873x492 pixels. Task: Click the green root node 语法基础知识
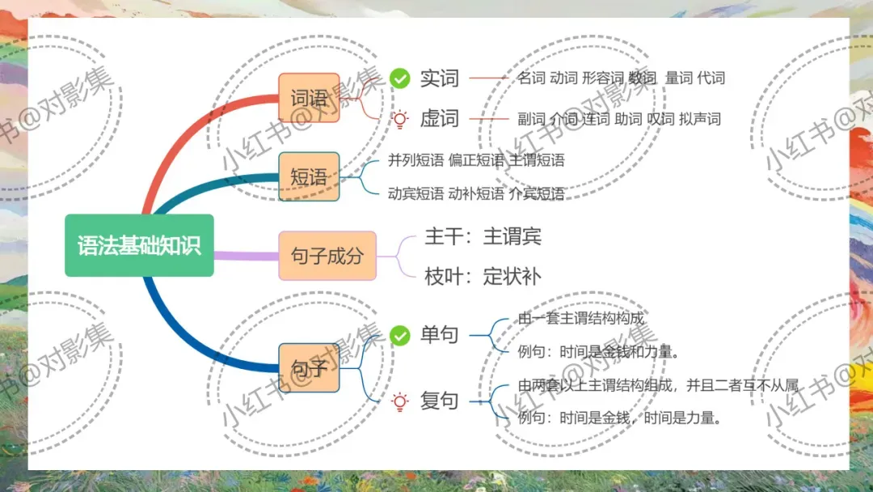click(x=139, y=245)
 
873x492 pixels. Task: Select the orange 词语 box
click(x=309, y=98)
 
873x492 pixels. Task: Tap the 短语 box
click(x=309, y=176)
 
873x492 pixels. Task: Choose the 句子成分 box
click(x=327, y=256)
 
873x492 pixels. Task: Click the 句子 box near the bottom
click(x=309, y=367)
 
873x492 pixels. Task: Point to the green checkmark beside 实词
click(x=399, y=78)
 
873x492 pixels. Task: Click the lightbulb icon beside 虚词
click(x=399, y=119)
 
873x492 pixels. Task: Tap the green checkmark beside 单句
click(x=399, y=335)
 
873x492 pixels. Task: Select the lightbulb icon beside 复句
click(x=399, y=401)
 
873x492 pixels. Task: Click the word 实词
click(x=439, y=78)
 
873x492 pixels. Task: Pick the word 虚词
click(x=439, y=119)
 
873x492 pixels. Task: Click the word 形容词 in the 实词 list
click(x=602, y=78)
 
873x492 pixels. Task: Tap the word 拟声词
click(x=699, y=119)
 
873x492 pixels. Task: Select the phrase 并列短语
click(x=415, y=160)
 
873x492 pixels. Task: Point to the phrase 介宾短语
click(x=537, y=193)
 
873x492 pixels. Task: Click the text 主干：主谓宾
click(x=483, y=236)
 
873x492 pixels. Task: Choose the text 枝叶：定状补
click(x=483, y=276)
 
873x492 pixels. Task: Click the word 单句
click(x=439, y=335)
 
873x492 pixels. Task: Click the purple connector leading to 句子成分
click(x=246, y=256)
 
